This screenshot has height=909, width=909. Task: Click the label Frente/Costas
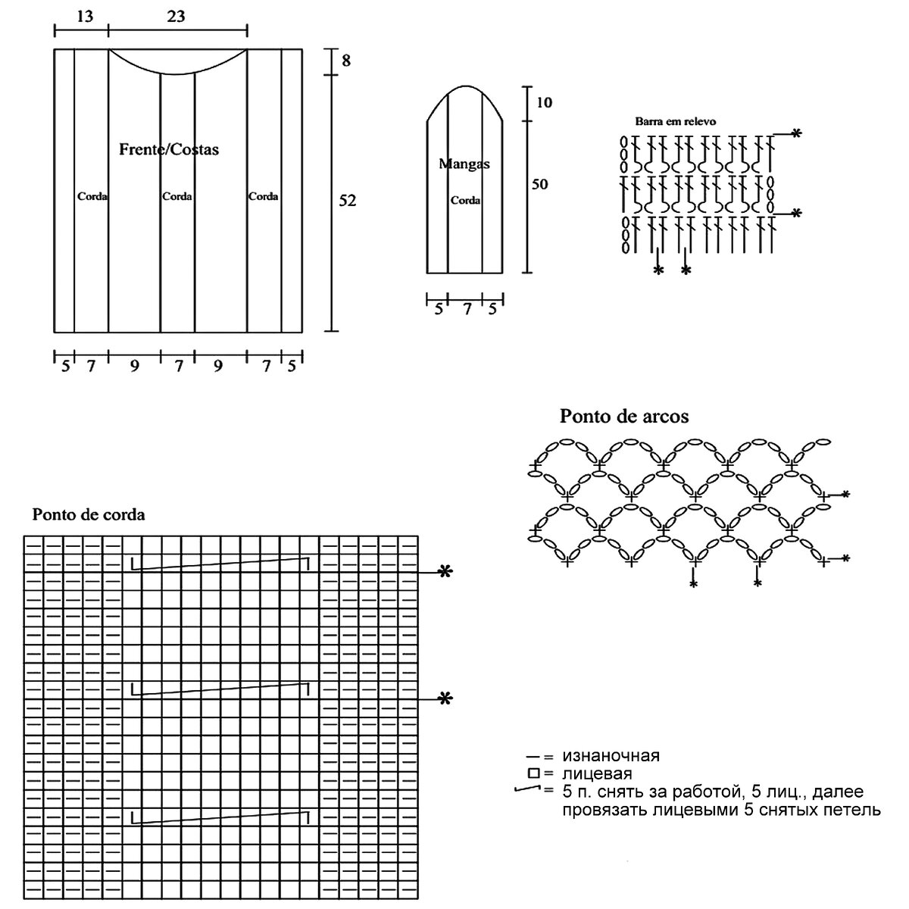click(x=169, y=149)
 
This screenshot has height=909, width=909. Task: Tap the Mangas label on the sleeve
click(x=464, y=164)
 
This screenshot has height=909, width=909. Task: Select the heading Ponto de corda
click(x=89, y=514)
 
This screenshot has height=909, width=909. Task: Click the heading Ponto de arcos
click(x=624, y=416)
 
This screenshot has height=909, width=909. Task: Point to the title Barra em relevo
click(x=676, y=121)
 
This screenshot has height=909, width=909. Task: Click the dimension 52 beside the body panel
click(x=347, y=201)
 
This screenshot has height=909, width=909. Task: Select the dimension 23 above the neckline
click(x=176, y=16)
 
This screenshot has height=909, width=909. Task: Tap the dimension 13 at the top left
click(x=85, y=16)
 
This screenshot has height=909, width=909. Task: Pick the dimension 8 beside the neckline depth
click(x=346, y=61)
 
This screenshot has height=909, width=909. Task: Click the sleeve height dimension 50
click(x=539, y=184)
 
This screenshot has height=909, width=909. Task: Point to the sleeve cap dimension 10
click(x=544, y=102)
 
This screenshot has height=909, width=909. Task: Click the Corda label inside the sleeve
click(x=465, y=201)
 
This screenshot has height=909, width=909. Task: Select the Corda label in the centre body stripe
click(x=177, y=196)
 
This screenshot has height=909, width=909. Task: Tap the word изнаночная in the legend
click(x=611, y=755)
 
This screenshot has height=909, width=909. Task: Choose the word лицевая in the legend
click(x=597, y=773)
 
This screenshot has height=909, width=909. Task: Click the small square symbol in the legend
click(x=533, y=773)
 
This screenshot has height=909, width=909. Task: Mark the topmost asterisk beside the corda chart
click(x=445, y=573)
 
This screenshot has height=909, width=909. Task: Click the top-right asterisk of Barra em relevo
click(x=795, y=134)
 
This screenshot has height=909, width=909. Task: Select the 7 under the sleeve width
click(x=467, y=308)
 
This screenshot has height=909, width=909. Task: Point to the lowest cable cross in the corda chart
click(x=220, y=817)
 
